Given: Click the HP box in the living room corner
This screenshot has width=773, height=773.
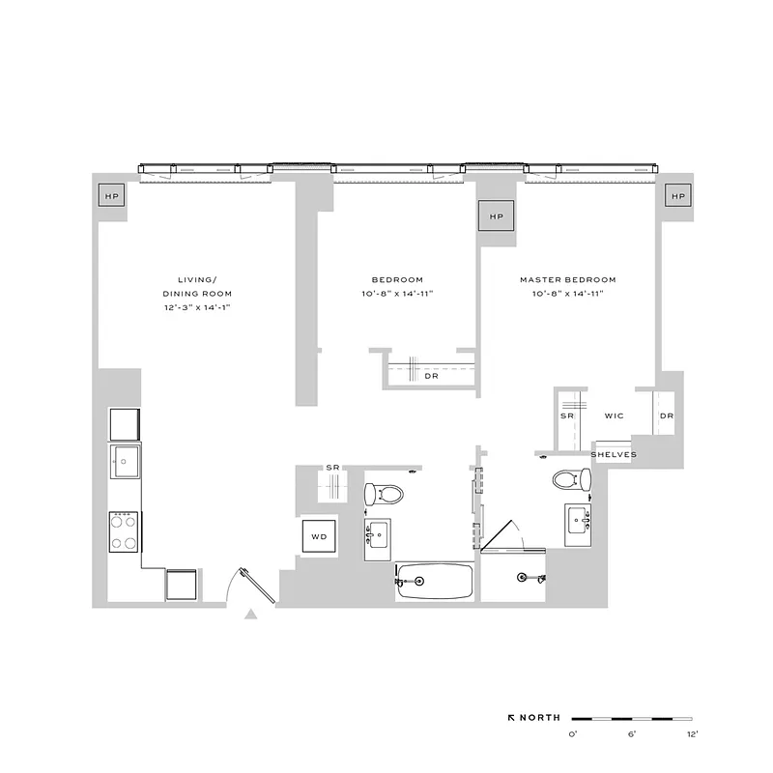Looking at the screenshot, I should pyautogui.click(x=112, y=196).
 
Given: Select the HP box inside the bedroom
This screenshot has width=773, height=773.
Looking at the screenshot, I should pyautogui.click(x=497, y=216).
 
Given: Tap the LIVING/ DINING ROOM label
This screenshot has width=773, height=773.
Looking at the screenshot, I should pyautogui.click(x=197, y=286).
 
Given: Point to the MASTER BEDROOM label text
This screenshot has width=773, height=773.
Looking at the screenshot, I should pyautogui.click(x=568, y=280).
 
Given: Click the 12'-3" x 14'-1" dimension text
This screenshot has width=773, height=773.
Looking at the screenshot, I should pyautogui.click(x=197, y=307).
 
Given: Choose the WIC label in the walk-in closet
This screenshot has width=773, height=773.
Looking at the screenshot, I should pyautogui.click(x=614, y=416).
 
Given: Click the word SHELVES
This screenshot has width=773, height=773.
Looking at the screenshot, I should pyautogui.click(x=613, y=454).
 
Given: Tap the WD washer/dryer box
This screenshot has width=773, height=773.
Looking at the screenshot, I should pyautogui.click(x=318, y=535).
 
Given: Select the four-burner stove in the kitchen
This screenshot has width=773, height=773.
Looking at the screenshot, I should pyautogui.click(x=125, y=530).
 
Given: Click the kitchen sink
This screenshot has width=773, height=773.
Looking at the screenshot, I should pyautogui.click(x=125, y=461).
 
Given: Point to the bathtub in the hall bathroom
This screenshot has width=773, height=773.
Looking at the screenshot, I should pyautogui.click(x=434, y=581).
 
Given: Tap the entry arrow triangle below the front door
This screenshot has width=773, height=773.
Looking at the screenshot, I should pyautogui.click(x=251, y=614).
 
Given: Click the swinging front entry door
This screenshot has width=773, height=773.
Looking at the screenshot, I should pyautogui.click(x=246, y=585).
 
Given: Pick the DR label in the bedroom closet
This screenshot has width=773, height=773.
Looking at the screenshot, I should pyautogui.click(x=431, y=376).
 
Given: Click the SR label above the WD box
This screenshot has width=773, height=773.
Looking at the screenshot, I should pyautogui.click(x=332, y=468).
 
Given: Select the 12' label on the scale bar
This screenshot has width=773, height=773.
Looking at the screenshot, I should pyautogui.click(x=692, y=735).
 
